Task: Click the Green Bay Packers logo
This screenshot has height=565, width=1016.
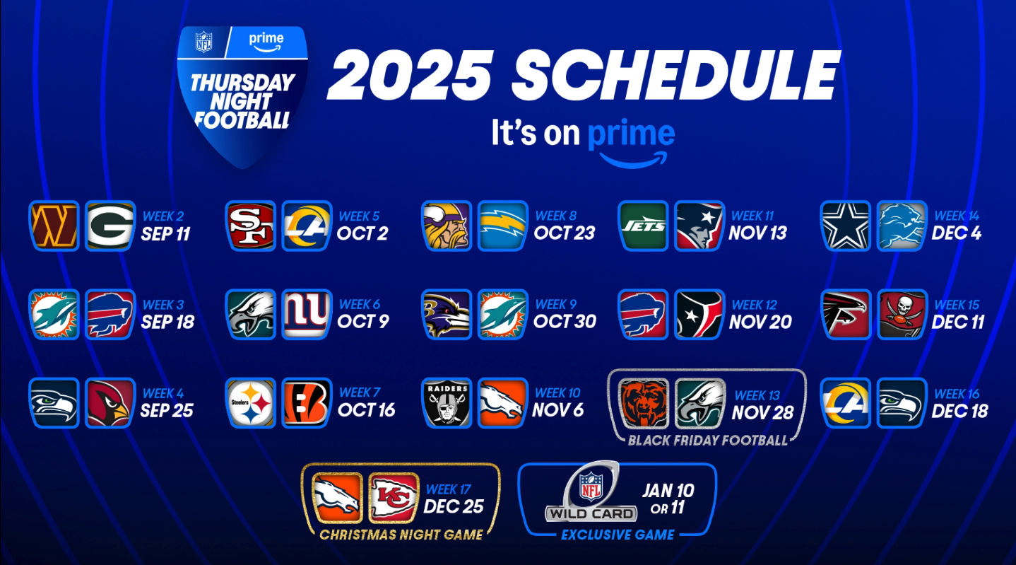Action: pyautogui.click(x=110, y=226)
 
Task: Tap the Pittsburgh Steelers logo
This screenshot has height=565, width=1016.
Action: pyautogui.click(x=250, y=403)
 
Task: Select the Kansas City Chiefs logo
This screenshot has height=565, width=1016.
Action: pyautogui.click(x=393, y=499)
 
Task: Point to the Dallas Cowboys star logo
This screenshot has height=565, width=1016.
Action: pyautogui.click(x=845, y=226)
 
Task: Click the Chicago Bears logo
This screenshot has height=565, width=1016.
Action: pyautogui.click(x=644, y=404)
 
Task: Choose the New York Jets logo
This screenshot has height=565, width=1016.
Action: pyautogui.click(x=643, y=226)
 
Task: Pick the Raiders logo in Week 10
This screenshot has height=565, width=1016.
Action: pyautogui.click(x=447, y=403)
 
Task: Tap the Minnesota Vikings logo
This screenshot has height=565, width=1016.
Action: pyautogui.click(x=447, y=226)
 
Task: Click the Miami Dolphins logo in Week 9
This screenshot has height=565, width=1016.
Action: pyautogui.click(x=502, y=315)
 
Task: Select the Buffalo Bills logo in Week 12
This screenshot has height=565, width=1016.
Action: pyautogui.click(x=643, y=315)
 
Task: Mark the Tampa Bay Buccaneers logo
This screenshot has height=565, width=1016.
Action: pyautogui.click(x=902, y=315)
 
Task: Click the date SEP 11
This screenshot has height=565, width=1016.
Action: pyautogui.click(x=166, y=234)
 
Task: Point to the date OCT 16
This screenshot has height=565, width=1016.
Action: pyautogui.click(x=366, y=411)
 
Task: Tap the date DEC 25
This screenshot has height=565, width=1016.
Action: pyautogui.click(x=454, y=506)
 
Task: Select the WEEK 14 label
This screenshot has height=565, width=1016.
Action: pyautogui.click(x=957, y=216)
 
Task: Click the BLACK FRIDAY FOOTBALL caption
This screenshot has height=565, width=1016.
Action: pyautogui.click(x=707, y=441)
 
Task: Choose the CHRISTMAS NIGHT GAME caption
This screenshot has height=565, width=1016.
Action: pyautogui.click(x=401, y=535)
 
